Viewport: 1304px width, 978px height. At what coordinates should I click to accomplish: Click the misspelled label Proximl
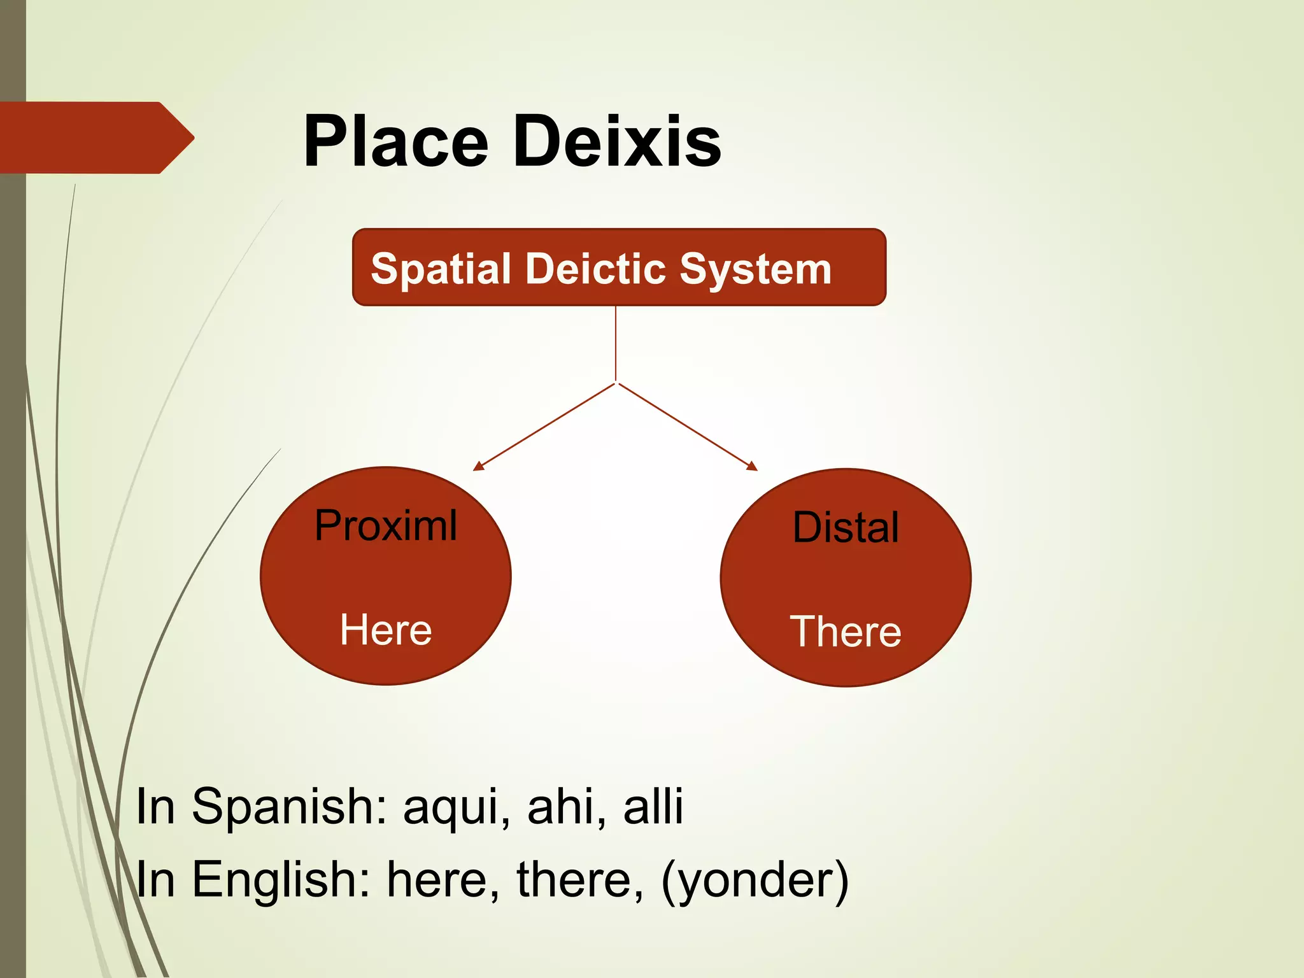[386, 526]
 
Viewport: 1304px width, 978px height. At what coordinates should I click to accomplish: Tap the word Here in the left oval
[386, 630]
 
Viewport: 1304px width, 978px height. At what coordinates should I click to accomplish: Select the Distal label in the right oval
[846, 527]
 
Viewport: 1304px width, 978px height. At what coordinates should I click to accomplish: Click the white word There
[846, 632]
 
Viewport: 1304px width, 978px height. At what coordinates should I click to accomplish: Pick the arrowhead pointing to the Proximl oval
[478, 467]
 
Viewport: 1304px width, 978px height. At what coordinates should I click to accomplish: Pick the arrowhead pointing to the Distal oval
[753, 467]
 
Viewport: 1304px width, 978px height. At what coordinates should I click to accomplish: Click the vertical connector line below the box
[616, 344]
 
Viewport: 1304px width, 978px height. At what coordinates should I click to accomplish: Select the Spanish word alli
[653, 806]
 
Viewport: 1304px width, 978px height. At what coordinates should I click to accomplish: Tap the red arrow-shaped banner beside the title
[96, 138]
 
